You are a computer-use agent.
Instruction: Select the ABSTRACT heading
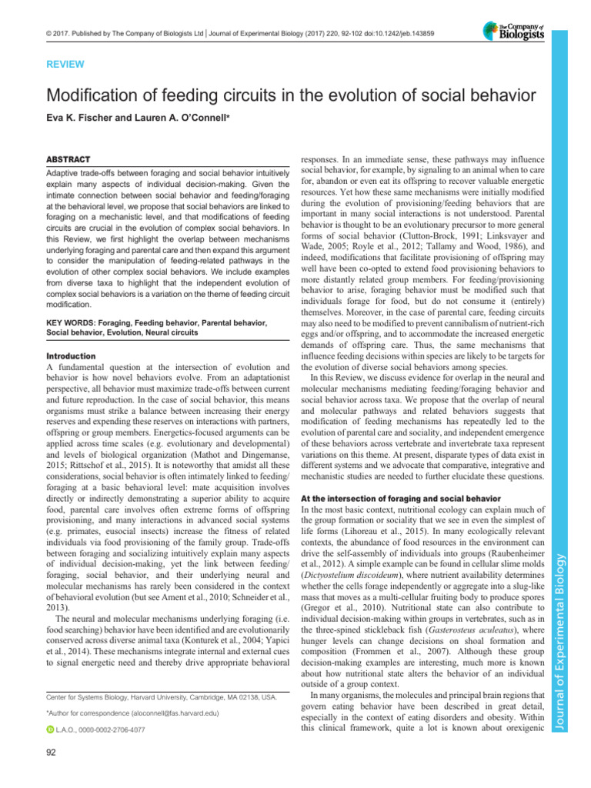(71, 157)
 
